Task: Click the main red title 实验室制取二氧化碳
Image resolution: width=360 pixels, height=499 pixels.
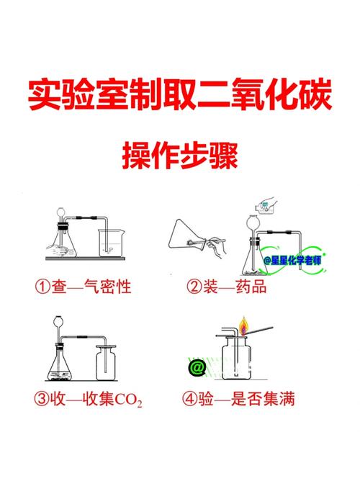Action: pyautogui.click(x=180, y=95)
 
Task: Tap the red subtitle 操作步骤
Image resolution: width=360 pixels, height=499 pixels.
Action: pyautogui.click(x=180, y=156)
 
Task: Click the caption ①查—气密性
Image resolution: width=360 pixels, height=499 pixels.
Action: pyautogui.click(x=83, y=286)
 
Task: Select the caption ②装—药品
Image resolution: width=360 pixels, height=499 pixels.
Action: pyautogui.click(x=226, y=286)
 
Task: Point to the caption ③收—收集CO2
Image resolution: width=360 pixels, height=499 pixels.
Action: pyautogui.click(x=88, y=399)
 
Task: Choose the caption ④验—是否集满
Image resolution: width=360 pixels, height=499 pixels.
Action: pyautogui.click(x=238, y=399)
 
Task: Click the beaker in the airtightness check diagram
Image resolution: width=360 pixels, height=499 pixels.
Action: pyautogui.click(x=111, y=243)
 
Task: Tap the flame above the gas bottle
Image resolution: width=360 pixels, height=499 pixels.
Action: pyautogui.click(x=243, y=325)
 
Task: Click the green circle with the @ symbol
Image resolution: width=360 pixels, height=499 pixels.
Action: pyautogui.click(x=197, y=368)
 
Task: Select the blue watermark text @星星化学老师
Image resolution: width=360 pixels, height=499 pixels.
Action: pyautogui.click(x=292, y=261)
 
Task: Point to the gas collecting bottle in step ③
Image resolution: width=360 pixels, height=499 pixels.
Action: pyautogui.click(x=106, y=363)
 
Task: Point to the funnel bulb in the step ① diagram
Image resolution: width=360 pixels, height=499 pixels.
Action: pyautogui.click(x=60, y=212)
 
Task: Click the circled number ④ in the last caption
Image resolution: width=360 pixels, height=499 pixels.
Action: pyautogui.click(x=189, y=399)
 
